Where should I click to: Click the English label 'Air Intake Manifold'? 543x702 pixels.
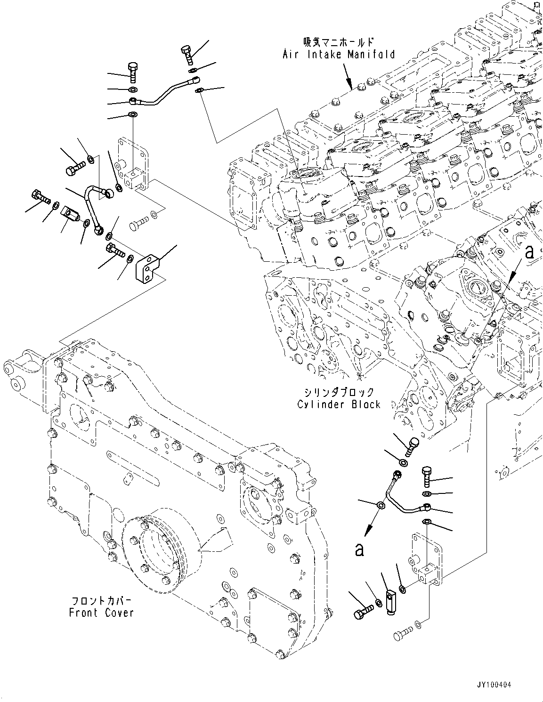coord(339,55)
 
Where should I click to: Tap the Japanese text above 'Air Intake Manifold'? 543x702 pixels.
coord(339,42)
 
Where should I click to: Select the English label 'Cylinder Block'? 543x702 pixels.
coord(339,404)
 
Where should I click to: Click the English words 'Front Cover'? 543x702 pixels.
coord(101,613)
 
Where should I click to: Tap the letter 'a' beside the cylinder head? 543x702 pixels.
coord(529,253)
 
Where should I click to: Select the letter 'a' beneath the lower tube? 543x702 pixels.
coord(359,549)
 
